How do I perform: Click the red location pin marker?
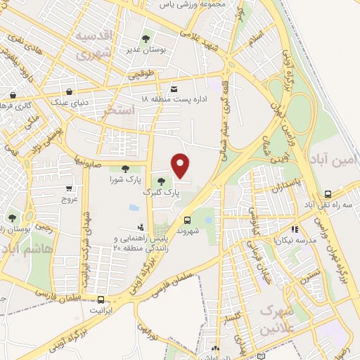point(181,165)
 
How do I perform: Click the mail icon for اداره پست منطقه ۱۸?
point(174,88)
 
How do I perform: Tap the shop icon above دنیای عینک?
point(69,91)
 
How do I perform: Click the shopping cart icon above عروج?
point(68,188)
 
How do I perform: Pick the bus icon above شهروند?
point(187,219)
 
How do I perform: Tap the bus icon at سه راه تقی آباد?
point(328,195)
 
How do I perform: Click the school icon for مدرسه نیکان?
point(295,229)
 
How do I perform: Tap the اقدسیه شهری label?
point(94,44)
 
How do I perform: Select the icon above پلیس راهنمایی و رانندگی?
point(141,227)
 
